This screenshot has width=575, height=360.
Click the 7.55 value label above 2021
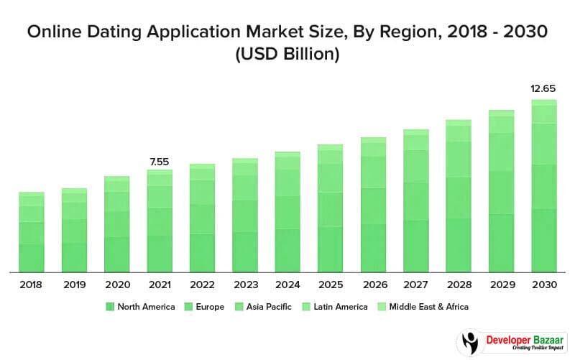point(159,162)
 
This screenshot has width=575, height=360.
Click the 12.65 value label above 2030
point(543,89)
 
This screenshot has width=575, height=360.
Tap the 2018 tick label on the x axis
point(31,285)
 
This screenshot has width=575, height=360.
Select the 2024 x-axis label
point(287,285)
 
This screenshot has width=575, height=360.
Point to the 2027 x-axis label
point(415,285)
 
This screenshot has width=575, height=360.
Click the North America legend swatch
point(110,307)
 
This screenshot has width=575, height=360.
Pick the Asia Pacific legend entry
point(264,307)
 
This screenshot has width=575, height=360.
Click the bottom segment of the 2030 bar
point(543,241)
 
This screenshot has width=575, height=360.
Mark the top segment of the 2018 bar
point(32,194)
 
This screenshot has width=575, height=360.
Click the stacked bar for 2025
point(330,208)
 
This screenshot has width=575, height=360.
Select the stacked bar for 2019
point(74,230)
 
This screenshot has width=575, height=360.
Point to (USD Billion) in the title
point(287,55)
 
